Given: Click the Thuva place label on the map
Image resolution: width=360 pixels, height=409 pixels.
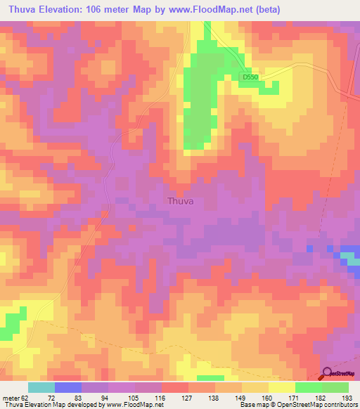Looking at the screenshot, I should point(181,201).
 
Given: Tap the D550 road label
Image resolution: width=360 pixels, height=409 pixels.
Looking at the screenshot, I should point(248,77).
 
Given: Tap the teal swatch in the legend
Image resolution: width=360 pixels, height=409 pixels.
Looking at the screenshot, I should point(41,387).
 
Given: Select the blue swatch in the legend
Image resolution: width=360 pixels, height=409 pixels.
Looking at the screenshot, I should point(68,387).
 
